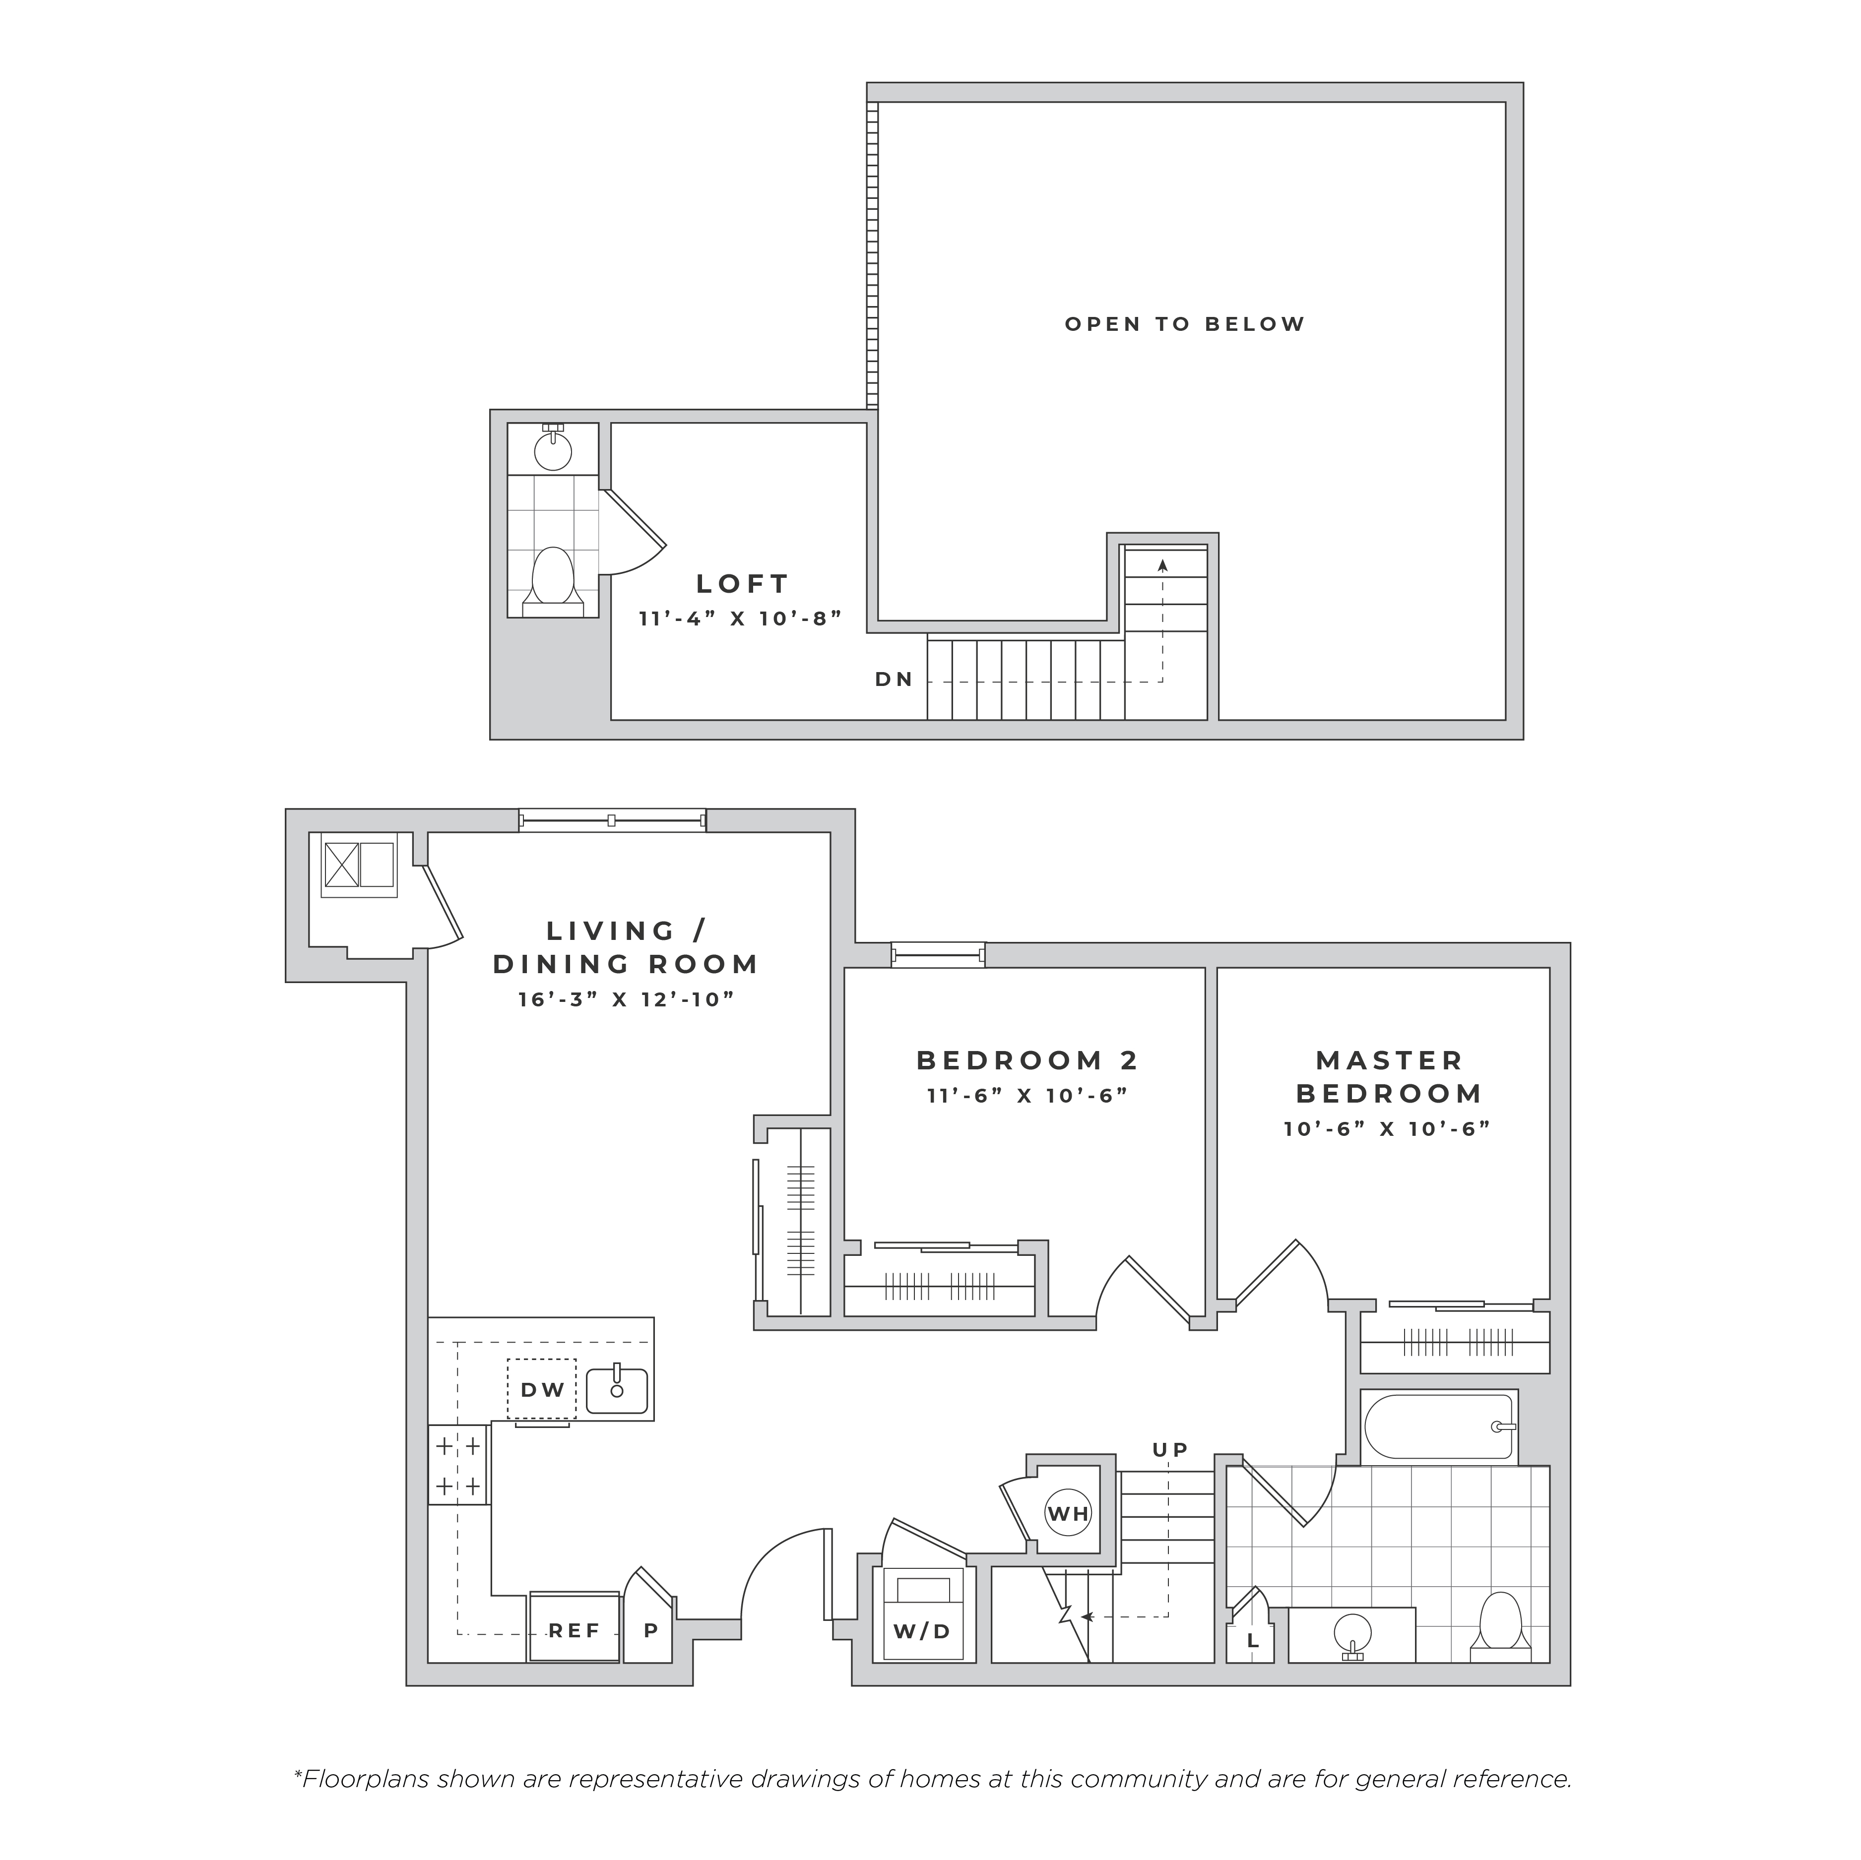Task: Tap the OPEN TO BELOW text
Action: [x=1185, y=324]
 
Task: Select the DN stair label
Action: [x=894, y=679]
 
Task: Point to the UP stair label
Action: [x=1170, y=1450]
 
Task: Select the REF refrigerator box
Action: [x=574, y=1627]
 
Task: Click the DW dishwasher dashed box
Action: [x=541, y=1389]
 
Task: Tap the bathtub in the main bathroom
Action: [x=1440, y=1426]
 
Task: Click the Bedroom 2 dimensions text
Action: [x=1027, y=1095]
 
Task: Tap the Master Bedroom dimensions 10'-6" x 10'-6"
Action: [x=1387, y=1129]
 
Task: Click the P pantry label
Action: [x=651, y=1631]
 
